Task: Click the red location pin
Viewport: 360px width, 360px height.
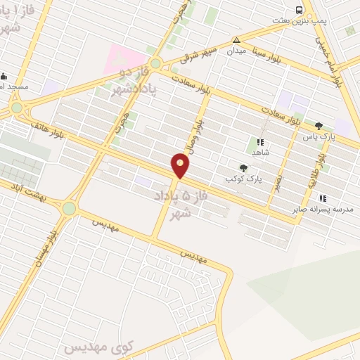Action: click(x=181, y=166)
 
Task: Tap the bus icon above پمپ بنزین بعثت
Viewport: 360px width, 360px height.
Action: click(x=300, y=10)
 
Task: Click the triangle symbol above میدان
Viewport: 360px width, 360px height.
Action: click(x=236, y=40)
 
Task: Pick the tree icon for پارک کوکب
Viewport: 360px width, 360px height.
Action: click(x=243, y=167)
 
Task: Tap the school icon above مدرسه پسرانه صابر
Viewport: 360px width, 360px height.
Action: click(x=323, y=198)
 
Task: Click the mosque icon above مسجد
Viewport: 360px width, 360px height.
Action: click(x=4, y=76)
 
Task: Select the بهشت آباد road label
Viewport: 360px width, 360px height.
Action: click(x=28, y=191)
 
